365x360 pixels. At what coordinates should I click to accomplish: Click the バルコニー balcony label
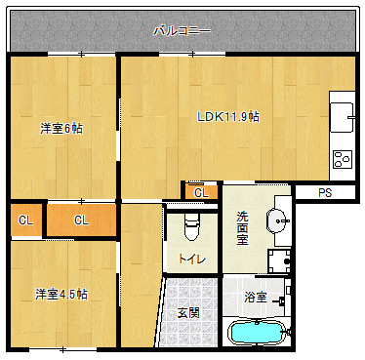coord(182,31)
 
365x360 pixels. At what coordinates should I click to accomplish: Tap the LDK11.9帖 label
coord(228,116)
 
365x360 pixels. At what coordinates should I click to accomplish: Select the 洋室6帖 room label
coord(61,129)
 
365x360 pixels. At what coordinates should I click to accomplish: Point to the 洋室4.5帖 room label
coord(61,295)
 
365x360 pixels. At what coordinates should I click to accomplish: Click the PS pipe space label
coord(325,193)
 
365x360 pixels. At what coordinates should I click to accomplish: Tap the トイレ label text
coord(192,260)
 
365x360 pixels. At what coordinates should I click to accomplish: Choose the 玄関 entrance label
coord(188,313)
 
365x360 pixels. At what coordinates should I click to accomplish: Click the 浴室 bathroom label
coord(256,297)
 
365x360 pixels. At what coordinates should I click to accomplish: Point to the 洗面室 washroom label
coord(242,228)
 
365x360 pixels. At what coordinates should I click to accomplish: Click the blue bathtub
coord(257,333)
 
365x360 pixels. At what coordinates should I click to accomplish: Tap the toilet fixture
coord(191,226)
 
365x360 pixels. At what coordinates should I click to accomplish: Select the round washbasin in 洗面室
coord(277,220)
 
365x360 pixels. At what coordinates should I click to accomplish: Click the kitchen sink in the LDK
coord(342,117)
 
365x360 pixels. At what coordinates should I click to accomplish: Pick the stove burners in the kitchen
coord(343,159)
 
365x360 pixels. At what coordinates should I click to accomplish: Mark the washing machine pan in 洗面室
coord(279,261)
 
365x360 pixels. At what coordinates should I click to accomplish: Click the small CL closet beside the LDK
coord(201,192)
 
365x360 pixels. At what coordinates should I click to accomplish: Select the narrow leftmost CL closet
coord(26,220)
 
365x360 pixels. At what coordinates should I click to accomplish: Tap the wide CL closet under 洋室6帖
coord(81,220)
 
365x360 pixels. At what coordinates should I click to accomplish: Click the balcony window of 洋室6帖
coord(81,54)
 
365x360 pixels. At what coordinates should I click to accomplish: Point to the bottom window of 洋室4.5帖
coord(62,349)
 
